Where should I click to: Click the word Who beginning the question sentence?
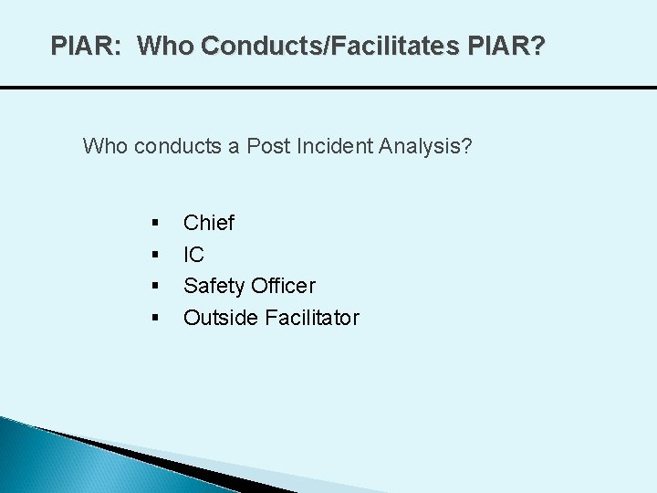pos(106,145)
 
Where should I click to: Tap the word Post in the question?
pos(265,145)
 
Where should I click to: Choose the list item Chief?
pos(209,223)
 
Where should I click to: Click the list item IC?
pos(193,255)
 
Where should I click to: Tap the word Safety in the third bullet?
pos(214,286)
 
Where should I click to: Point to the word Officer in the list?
pos(282,286)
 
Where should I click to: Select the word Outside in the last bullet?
pos(219,318)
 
